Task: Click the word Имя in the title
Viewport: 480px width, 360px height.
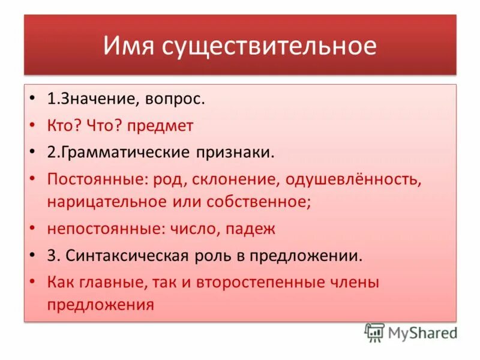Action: click(128, 46)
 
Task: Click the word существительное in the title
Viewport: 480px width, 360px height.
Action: click(269, 46)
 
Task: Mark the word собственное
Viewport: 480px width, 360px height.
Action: click(259, 201)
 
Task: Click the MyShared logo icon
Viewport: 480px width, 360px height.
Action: click(374, 332)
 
